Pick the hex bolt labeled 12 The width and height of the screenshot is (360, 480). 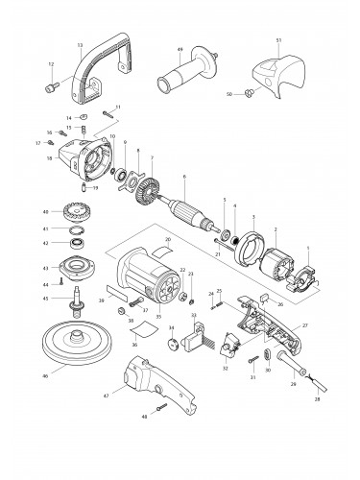click(x=48, y=89)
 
